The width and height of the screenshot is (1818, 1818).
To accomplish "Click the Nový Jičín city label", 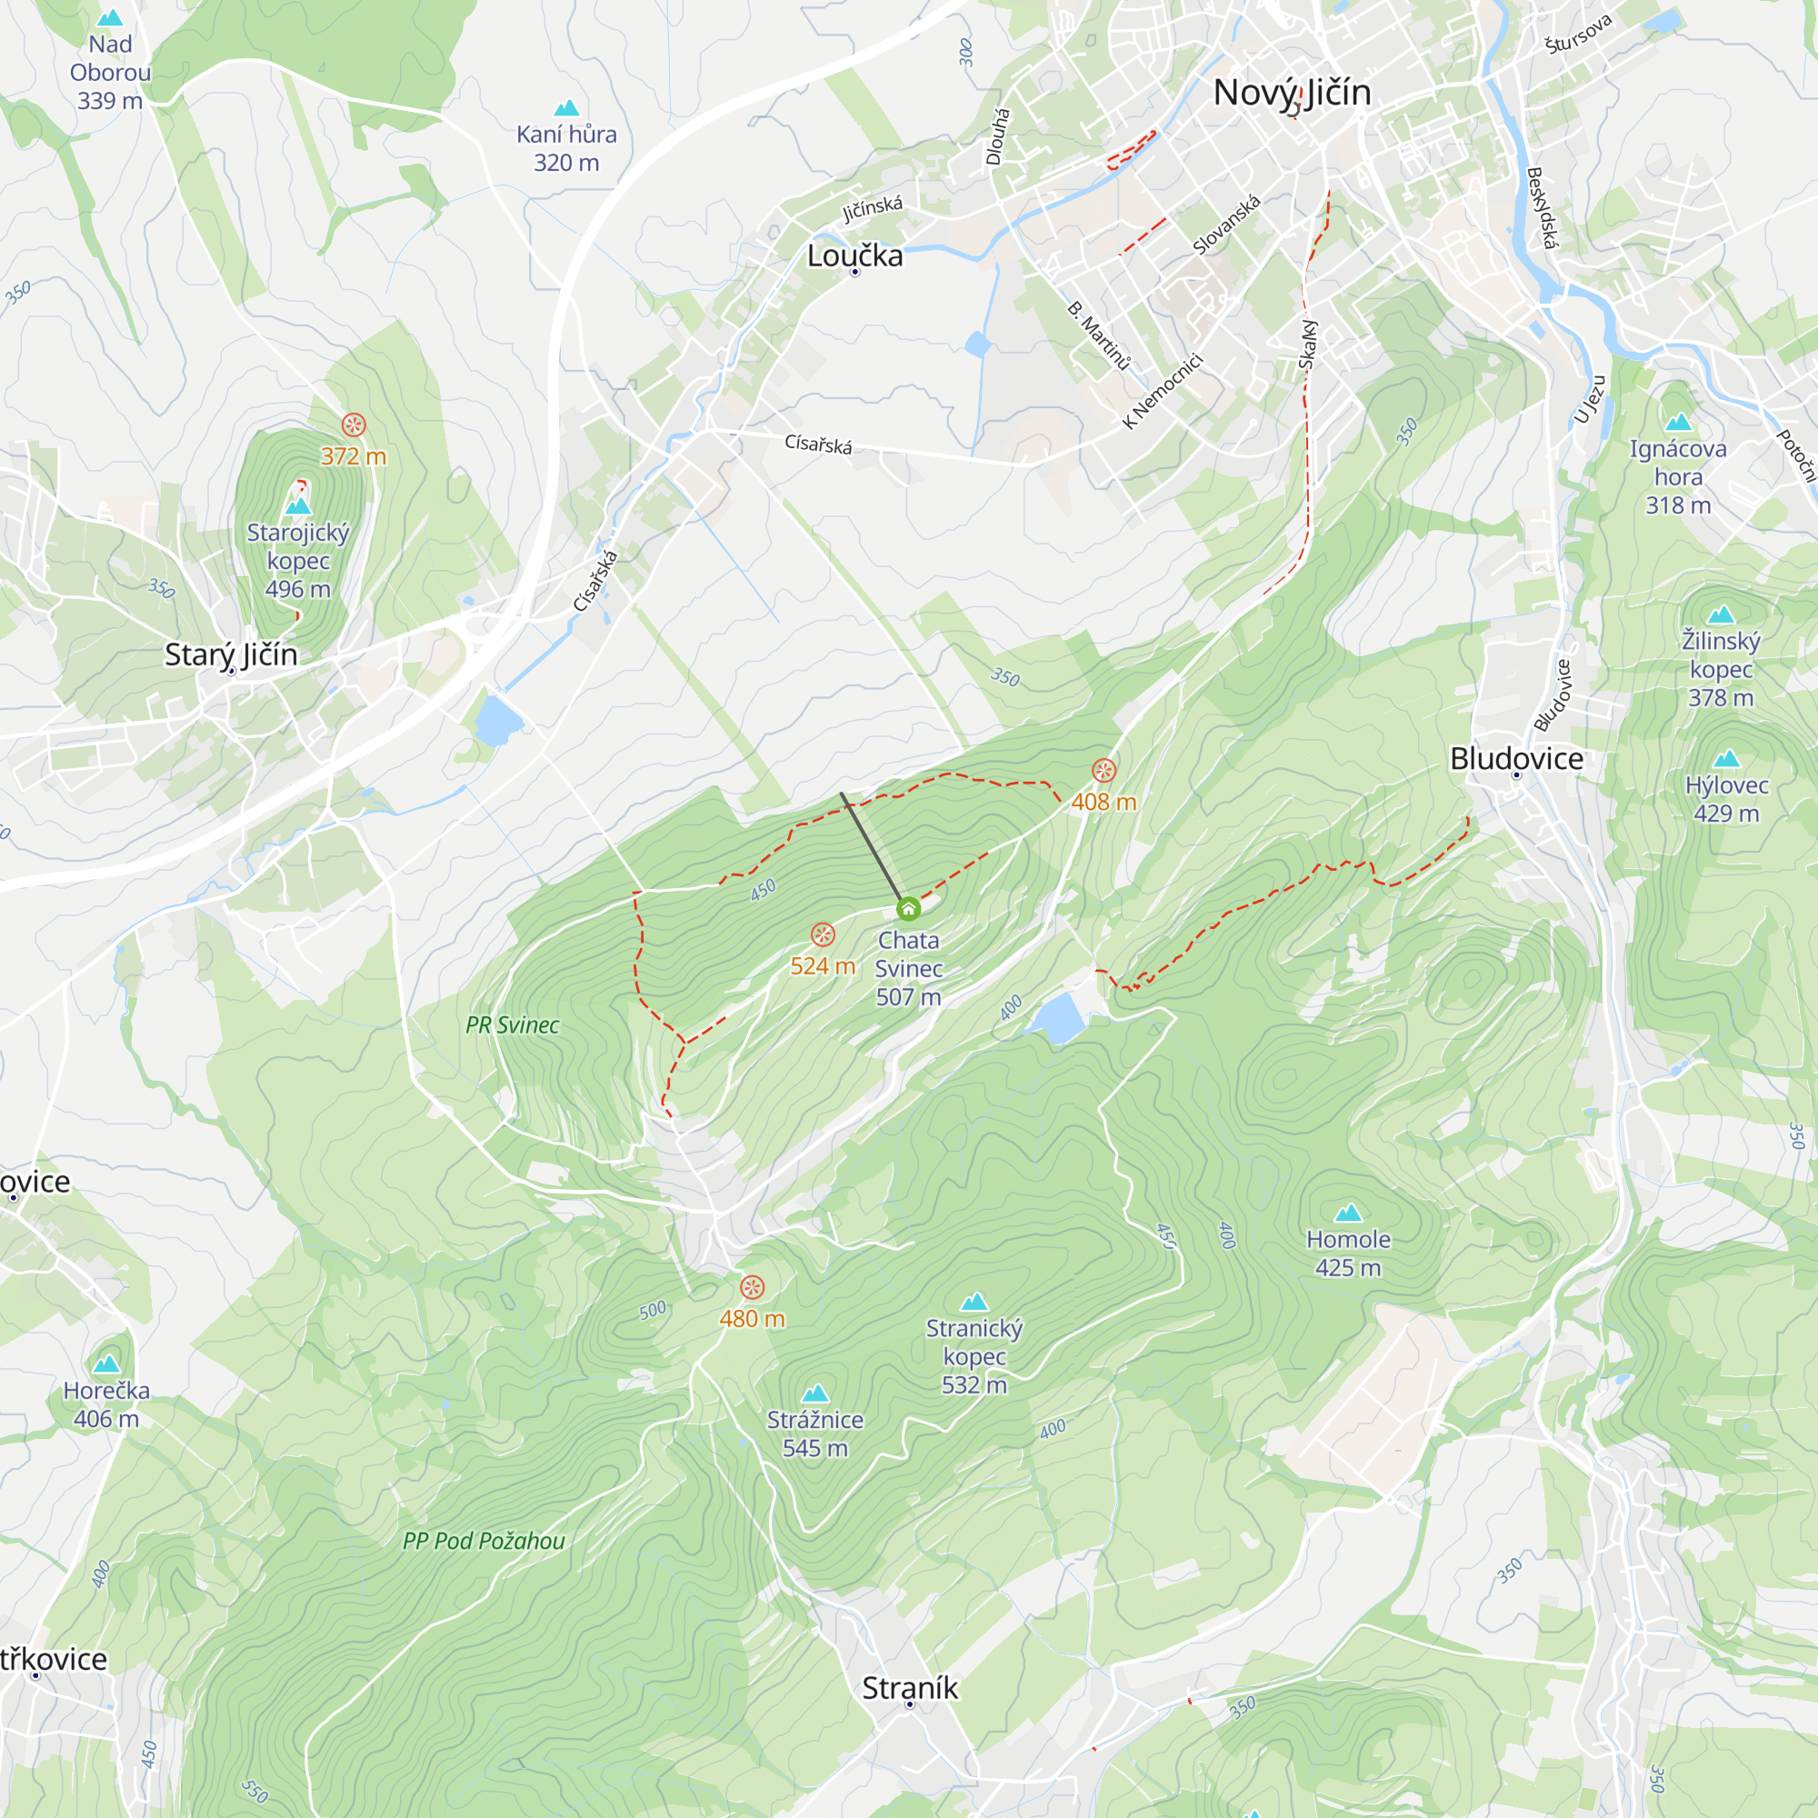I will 1291,92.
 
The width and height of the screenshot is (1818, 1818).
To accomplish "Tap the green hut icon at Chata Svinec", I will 908,909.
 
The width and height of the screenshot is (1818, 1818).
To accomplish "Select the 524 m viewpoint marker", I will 823,934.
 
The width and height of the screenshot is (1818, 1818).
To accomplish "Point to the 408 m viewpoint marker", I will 1104,771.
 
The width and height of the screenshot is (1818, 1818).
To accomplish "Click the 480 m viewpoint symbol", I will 752,1287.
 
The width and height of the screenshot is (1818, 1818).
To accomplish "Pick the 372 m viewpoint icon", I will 353,425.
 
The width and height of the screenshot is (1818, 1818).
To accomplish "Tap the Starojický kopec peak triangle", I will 298,506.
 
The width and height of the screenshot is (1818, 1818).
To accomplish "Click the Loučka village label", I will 854,256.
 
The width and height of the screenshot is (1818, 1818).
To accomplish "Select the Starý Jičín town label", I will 231,654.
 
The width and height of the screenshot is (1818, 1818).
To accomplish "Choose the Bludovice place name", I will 1516,759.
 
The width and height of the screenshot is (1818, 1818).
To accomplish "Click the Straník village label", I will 909,1688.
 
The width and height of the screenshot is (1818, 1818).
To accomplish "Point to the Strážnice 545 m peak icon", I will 814,1393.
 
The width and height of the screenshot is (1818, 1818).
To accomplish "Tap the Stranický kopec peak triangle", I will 974,1303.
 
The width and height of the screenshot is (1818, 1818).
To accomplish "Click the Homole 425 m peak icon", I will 1348,1213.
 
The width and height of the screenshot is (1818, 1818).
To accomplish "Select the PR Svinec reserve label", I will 512,1025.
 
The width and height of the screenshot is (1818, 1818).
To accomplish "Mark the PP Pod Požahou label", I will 484,1542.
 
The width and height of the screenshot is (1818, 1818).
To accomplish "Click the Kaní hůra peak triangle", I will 566,108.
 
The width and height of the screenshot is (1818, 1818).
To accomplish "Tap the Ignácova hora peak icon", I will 1678,423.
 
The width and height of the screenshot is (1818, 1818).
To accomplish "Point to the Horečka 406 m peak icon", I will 106,1364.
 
